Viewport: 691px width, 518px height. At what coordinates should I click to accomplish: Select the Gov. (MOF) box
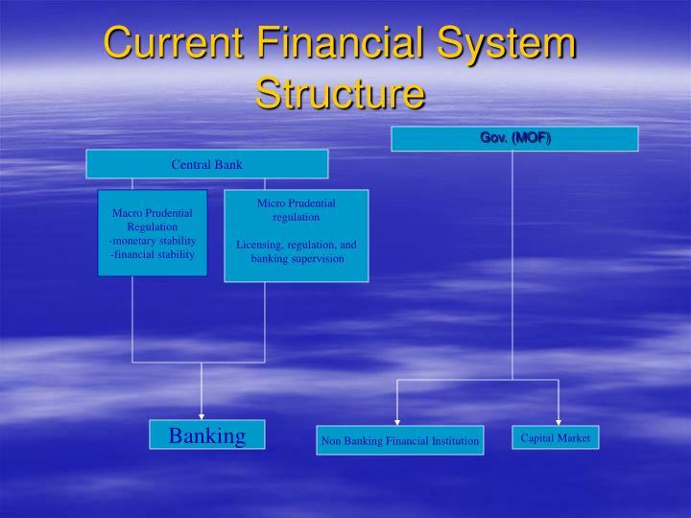point(514,139)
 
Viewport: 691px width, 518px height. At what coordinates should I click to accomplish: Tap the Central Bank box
point(206,164)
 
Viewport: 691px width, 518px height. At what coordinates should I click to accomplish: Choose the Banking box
point(206,436)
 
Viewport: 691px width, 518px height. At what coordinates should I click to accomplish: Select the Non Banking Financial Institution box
point(399,440)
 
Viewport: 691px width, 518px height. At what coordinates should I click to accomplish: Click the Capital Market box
point(555,437)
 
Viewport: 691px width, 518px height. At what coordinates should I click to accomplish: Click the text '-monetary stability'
point(153,241)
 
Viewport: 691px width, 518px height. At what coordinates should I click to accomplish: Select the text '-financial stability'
point(153,254)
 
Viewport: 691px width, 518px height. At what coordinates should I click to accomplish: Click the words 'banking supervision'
point(298,259)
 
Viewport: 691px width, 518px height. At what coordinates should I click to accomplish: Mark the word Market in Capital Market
point(574,437)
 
